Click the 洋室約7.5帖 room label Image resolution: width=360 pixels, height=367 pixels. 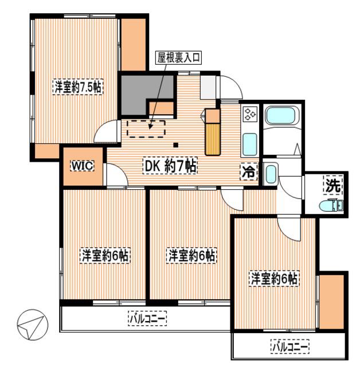tap(78, 87)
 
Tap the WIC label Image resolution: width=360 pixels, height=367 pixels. tap(83, 166)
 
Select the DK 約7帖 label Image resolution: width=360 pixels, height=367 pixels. tap(170, 166)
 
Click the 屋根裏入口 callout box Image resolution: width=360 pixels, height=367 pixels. tap(179, 57)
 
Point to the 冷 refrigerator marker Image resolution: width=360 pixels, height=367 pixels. tap(249, 172)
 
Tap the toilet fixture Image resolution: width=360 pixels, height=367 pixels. tap(331, 206)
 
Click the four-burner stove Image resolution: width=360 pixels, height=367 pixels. tap(251, 114)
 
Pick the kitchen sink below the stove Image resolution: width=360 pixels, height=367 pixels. tap(250, 145)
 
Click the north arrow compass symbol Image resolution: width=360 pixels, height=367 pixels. tap(33, 325)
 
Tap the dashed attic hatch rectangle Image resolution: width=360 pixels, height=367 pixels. tap(146, 128)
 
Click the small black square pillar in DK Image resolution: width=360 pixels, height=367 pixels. tap(176, 145)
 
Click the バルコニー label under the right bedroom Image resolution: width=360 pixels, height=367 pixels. tap(290, 346)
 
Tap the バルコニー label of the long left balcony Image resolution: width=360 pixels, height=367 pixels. tap(147, 318)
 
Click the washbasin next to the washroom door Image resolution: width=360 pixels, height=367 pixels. tap(271, 174)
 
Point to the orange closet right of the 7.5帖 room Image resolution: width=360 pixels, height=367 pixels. tap(134, 45)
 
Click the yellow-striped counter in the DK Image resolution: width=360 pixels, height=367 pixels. tap(213, 139)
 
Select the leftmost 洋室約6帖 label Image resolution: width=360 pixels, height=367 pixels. tap(105, 255)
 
